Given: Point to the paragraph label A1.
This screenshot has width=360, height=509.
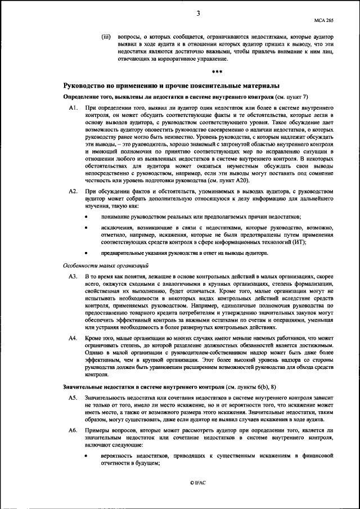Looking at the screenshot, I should (73, 107).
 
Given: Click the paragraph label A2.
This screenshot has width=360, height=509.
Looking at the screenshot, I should (73, 192).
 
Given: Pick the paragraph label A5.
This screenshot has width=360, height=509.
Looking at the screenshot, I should (73, 398).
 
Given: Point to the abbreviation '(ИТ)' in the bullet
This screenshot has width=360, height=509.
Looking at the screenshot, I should (299, 242).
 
